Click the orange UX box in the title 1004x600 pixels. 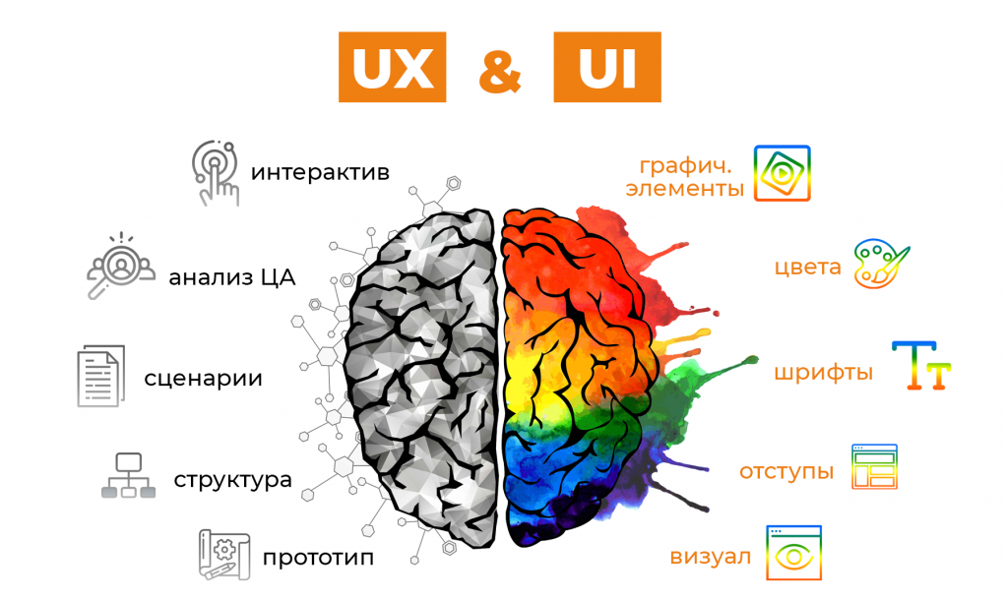(x=392, y=67)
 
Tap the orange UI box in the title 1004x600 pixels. (x=607, y=67)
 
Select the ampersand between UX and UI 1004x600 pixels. (x=499, y=70)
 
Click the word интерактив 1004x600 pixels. (x=320, y=173)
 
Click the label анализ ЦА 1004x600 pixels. (x=231, y=277)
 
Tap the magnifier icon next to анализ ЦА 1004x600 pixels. (x=120, y=266)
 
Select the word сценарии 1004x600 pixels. (x=204, y=378)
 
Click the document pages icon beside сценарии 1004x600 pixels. (x=101, y=376)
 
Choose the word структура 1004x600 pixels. (x=232, y=480)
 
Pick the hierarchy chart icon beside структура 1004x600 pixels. (x=128, y=475)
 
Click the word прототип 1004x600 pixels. (x=318, y=558)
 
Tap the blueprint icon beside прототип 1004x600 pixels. (x=224, y=555)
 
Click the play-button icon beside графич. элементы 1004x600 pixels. (x=782, y=173)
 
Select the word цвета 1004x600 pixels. (x=807, y=267)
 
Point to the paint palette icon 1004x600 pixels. (x=881, y=264)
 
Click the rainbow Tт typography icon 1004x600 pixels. (x=920, y=365)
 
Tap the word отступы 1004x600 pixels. (x=786, y=472)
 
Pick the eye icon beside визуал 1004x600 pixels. (x=794, y=553)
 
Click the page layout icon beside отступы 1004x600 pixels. (x=874, y=466)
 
